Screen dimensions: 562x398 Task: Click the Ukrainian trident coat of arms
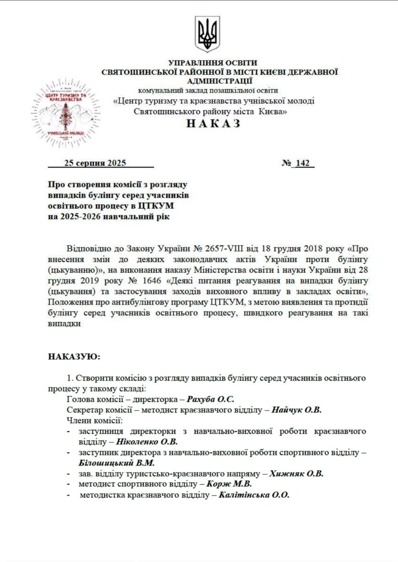pos(207,34)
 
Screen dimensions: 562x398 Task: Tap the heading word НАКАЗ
pos(213,123)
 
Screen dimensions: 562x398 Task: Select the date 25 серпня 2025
pos(95,163)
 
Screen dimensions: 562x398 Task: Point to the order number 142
pos(302,163)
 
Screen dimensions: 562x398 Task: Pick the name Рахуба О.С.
pos(210,399)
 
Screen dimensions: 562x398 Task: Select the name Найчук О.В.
pos(296,410)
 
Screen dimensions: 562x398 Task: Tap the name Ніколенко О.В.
pos(147,442)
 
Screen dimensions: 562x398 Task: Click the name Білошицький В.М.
pos(117,463)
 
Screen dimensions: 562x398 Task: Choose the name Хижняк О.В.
pos(296,473)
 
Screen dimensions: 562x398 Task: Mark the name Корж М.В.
pos(229,484)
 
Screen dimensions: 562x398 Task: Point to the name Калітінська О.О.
pos(254,495)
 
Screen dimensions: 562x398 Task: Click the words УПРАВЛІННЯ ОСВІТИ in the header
pos(213,63)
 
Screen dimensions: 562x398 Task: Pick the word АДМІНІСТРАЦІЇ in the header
pos(220,81)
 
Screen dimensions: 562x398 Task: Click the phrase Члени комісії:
pos(94,420)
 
